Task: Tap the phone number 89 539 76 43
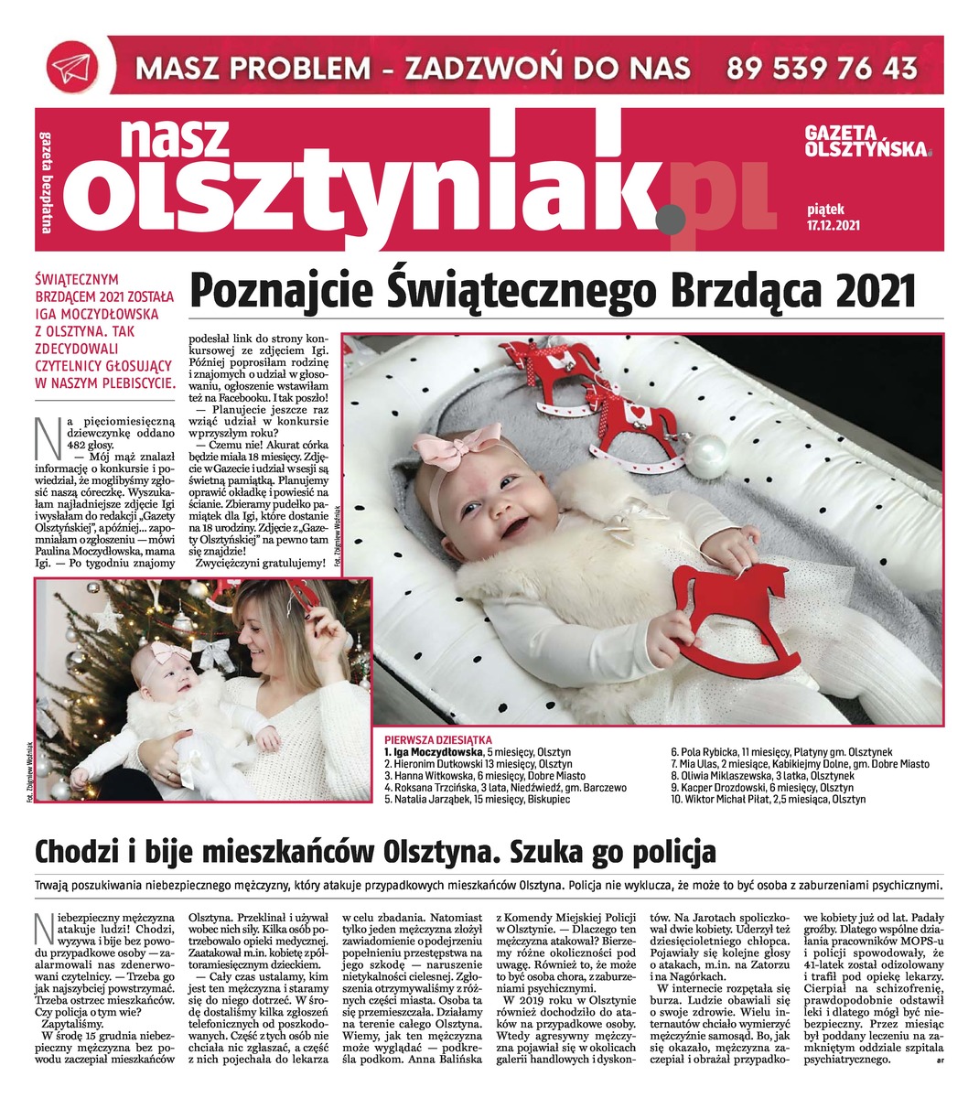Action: pos(822,67)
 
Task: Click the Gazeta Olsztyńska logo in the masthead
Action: pos(865,141)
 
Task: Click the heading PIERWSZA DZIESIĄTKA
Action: pos(438,739)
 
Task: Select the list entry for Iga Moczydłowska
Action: pos(468,751)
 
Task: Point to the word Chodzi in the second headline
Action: pos(76,853)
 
